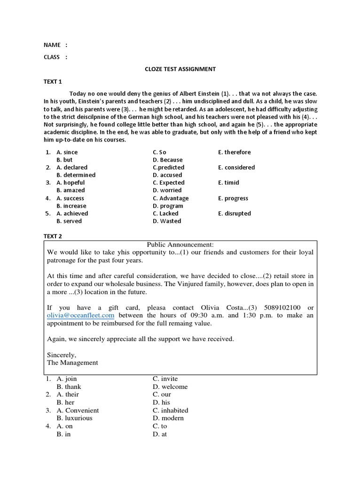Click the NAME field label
tap(52, 45)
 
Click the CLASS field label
tap(52, 57)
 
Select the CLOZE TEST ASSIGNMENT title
tap(180, 69)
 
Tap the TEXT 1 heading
tap(53, 82)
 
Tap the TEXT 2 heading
tap(53, 236)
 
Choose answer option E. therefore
tap(235, 152)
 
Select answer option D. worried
tap(167, 190)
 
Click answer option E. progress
tap(233, 198)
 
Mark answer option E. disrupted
tap(235, 213)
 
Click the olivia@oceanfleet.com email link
tap(81, 316)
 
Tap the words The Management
tap(73, 363)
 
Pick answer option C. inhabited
tap(168, 410)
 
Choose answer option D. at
tap(160, 434)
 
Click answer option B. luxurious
tap(74, 418)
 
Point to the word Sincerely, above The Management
tap(62, 355)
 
